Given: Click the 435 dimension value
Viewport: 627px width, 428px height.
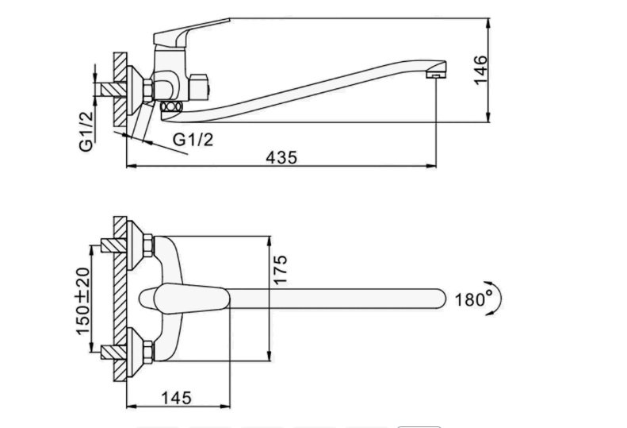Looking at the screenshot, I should click(x=281, y=157).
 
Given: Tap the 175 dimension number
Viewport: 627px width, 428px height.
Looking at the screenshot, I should click(x=280, y=271).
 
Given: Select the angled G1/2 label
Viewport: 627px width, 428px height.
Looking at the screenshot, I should click(x=193, y=139).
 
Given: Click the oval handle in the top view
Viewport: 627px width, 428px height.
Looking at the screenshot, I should click(x=185, y=298).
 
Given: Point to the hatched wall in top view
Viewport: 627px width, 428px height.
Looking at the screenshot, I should click(x=119, y=298).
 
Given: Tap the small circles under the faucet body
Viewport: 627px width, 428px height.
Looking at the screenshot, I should click(x=170, y=106).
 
